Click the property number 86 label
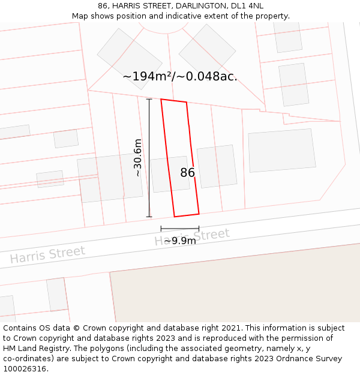click(187, 173)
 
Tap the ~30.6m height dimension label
click(138, 157)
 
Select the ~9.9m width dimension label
click(180, 241)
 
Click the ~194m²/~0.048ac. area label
click(180, 77)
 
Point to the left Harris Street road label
click(47, 255)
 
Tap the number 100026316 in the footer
click(23, 368)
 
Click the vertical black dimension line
click(149, 158)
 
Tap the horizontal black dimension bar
click(180, 229)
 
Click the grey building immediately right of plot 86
click(217, 166)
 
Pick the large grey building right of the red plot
click(282, 151)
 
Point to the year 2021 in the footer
click(232, 328)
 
